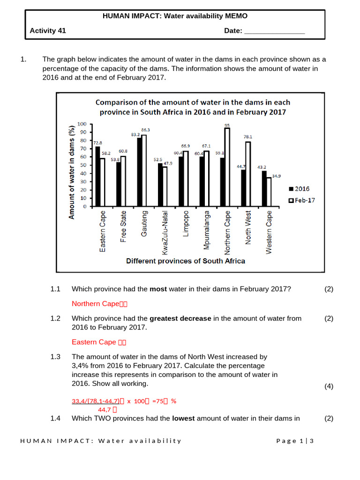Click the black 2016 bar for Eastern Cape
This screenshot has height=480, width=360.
(x=97, y=176)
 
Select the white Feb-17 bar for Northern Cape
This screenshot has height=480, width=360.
(x=227, y=167)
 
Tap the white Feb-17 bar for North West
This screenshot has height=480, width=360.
(x=248, y=174)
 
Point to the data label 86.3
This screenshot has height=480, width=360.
(x=146, y=129)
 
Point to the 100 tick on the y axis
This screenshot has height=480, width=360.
(x=82, y=124)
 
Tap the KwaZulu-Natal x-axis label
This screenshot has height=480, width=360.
(x=165, y=232)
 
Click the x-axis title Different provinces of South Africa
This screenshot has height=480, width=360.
(x=186, y=261)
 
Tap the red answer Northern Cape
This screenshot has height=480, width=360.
(x=96, y=304)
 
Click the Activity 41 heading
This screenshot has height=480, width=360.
(x=48, y=31)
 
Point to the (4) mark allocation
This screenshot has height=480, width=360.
(x=329, y=386)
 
